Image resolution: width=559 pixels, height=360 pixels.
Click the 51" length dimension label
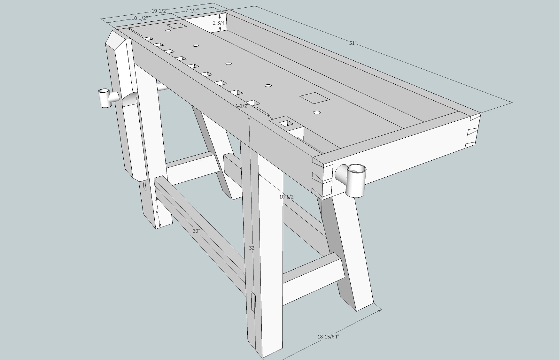tap(352, 43)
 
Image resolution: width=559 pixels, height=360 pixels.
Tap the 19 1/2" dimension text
tap(159, 11)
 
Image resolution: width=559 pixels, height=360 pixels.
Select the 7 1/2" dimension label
tap(192, 10)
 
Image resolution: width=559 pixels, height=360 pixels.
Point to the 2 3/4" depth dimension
tap(220, 23)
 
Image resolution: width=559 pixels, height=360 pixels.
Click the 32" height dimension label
tap(252, 248)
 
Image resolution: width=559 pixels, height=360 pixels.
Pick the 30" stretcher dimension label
tap(196, 231)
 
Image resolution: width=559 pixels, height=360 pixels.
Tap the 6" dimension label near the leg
tap(158, 212)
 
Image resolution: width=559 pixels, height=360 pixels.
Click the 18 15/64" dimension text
tap(328, 336)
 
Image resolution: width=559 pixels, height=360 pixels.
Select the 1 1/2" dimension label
tap(242, 106)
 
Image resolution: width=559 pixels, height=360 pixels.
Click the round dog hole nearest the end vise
tap(317, 112)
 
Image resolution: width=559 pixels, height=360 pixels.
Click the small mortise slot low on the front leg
tap(253, 302)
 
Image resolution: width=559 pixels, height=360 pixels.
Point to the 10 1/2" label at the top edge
tap(139, 18)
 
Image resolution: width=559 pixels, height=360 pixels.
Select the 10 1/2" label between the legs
tap(287, 197)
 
